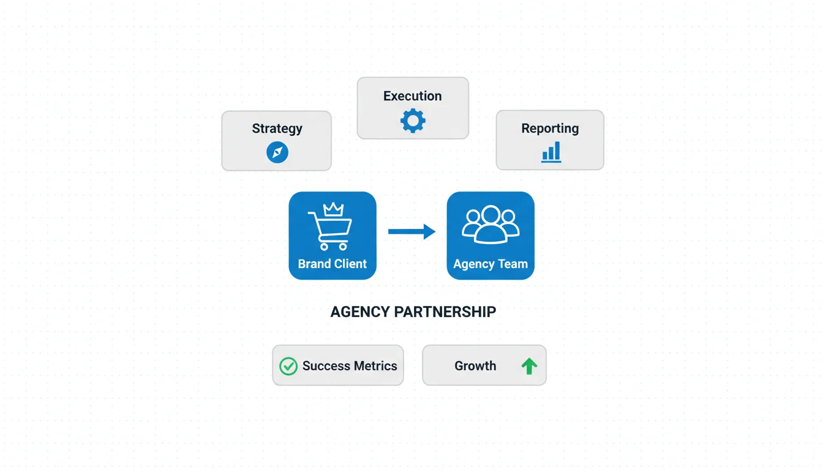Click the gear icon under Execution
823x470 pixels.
point(413,121)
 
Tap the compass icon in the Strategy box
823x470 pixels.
point(277,152)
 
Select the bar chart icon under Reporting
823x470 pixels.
point(551,152)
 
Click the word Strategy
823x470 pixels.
point(277,129)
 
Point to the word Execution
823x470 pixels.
point(412,96)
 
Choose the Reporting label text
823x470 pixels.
point(550,129)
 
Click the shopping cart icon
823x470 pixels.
point(330,229)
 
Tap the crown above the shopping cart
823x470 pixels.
point(333,209)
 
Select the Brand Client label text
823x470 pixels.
point(333,264)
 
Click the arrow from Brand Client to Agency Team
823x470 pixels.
point(411,231)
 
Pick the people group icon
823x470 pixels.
point(490,224)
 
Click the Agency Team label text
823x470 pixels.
point(490,264)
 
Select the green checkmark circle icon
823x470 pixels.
point(288,366)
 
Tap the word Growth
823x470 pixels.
point(475,366)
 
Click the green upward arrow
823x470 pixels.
point(529,366)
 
